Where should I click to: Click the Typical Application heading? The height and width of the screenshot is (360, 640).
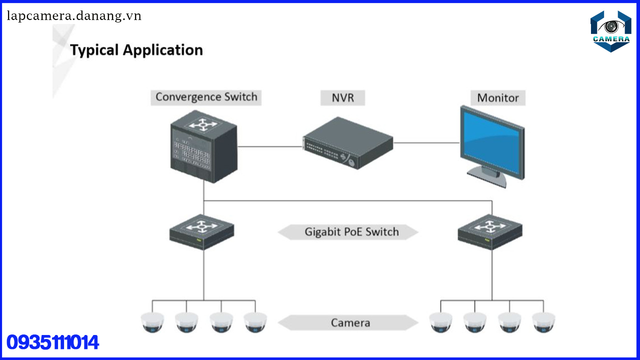[x=136, y=50]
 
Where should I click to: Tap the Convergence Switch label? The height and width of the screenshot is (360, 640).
[x=206, y=97]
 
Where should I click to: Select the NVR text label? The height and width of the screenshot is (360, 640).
[x=342, y=97]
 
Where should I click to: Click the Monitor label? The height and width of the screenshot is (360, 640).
[x=497, y=97]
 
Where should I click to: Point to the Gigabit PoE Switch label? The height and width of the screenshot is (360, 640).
[x=351, y=232]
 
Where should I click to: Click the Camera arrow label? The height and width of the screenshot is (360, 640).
[x=350, y=322]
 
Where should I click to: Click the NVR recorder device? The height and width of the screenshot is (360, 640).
[x=348, y=143]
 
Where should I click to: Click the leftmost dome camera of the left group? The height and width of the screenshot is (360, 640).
[x=152, y=322]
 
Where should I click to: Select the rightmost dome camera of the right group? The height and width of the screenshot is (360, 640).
[x=543, y=322]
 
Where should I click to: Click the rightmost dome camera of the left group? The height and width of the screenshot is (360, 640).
[x=255, y=322]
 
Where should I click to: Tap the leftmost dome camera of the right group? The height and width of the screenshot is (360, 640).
[x=440, y=322]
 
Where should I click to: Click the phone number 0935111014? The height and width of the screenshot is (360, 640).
[x=52, y=343]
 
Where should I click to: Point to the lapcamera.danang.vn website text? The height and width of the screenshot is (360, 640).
[x=74, y=16]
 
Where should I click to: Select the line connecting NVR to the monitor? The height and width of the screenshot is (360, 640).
[x=426, y=142]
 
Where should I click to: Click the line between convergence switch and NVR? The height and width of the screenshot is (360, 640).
[x=270, y=146]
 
